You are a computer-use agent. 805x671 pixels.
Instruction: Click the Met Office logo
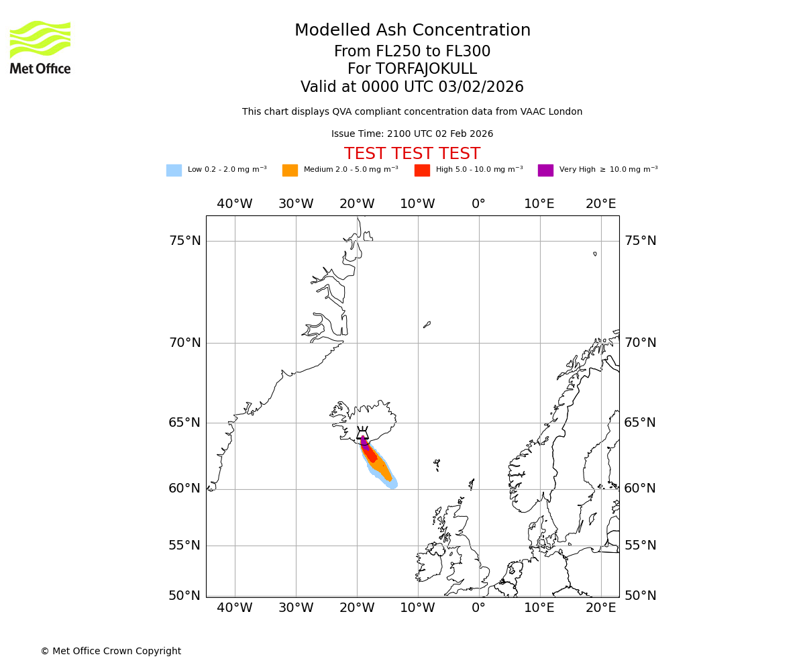click(x=40, y=47)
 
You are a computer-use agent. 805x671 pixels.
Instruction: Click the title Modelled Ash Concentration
click(x=412, y=31)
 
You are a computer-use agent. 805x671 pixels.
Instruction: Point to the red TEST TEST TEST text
click(x=412, y=154)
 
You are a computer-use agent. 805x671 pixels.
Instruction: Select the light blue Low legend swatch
click(x=174, y=170)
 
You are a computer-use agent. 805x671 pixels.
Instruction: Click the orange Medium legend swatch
click(x=290, y=170)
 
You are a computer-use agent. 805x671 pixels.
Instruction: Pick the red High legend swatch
click(x=422, y=170)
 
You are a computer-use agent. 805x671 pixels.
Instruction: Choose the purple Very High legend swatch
click(x=545, y=170)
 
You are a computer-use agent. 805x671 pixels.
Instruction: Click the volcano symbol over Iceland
click(x=362, y=433)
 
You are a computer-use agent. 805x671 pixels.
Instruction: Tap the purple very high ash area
click(x=364, y=443)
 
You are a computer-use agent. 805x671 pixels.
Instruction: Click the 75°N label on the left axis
click(x=184, y=241)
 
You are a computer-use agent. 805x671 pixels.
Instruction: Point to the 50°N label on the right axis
click(x=640, y=596)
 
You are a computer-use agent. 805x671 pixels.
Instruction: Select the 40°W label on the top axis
click(x=235, y=204)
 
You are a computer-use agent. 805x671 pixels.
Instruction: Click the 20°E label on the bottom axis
click(x=600, y=608)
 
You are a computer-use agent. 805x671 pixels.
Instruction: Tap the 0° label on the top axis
click(x=478, y=204)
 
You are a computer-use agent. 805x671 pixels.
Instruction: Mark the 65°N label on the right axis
click(x=640, y=423)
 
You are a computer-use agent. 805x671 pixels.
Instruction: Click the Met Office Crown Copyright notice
click(x=111, y=652)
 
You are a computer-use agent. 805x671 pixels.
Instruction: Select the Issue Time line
click(x=412, y=134)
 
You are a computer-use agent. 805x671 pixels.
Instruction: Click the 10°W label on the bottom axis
click(x=417, y=608)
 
